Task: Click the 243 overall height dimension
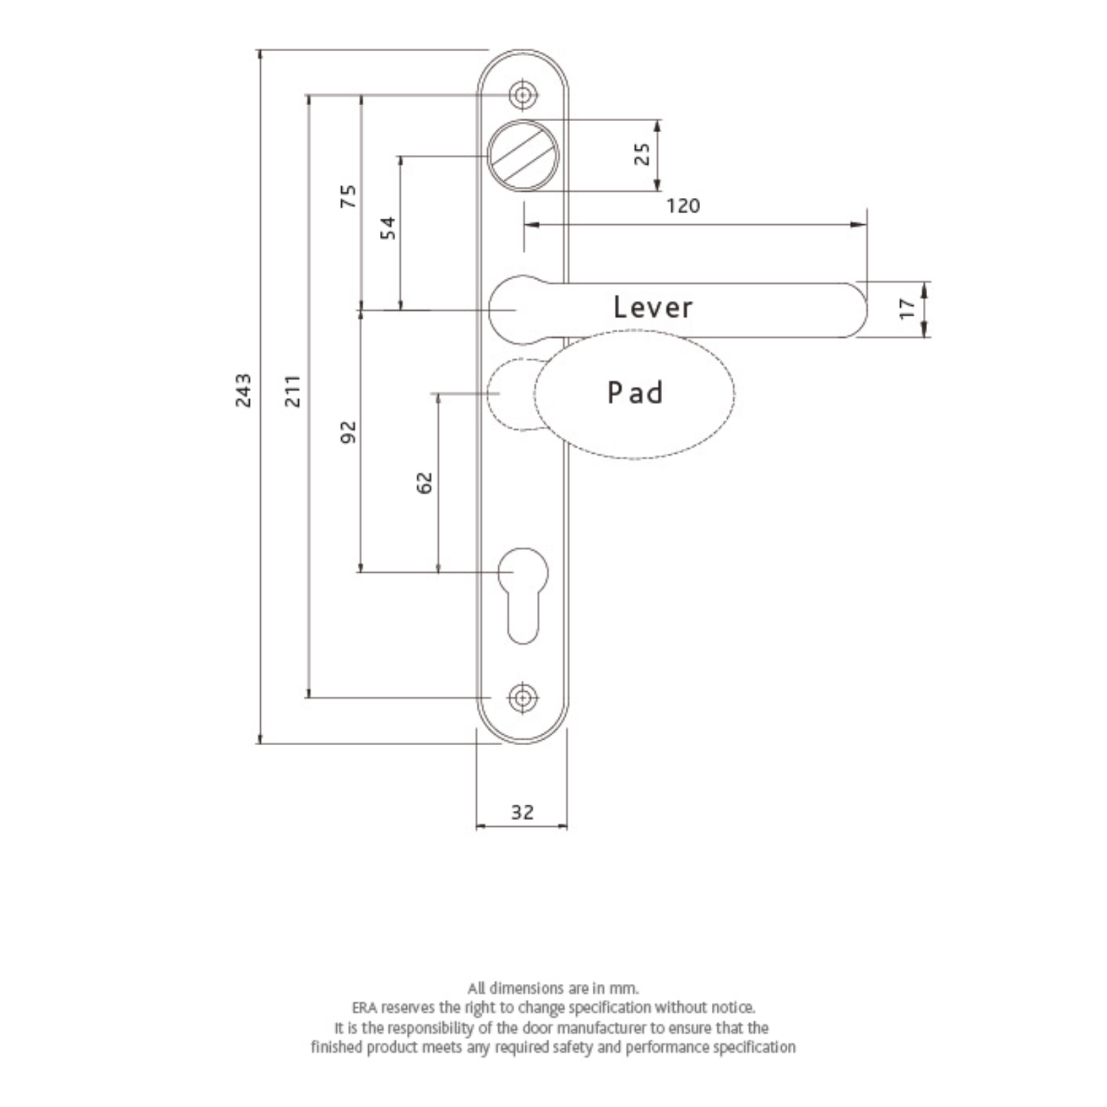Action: click(x=244, y=391)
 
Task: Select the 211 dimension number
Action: click(x=293, y=391)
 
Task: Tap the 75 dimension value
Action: click(x=349, y=196)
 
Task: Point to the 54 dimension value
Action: click(x=389, y=228)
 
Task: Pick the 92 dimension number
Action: click(x=349, y=432)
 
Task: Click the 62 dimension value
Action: click(x=425, y=483)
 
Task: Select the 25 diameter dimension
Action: click(x=643, y=154)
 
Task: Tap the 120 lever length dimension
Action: click(x=683, y=206)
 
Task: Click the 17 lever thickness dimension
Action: click(x=907, y=308)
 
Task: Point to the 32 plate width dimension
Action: click(x=522, y=812)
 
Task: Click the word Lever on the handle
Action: click(x=652, y=308)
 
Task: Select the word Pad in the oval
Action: click(x=635, y=393)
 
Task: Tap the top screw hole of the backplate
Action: click(x=523, y=95)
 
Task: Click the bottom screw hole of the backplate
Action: click(x=523, y=698)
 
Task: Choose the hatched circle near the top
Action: click(x=523, y=155)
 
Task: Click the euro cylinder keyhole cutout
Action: click(x=523, y=596)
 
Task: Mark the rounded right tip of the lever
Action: click(x=866, y=310)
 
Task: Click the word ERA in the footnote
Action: click(x=364, y=1007)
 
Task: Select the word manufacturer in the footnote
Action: click(x=601, y=1028)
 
